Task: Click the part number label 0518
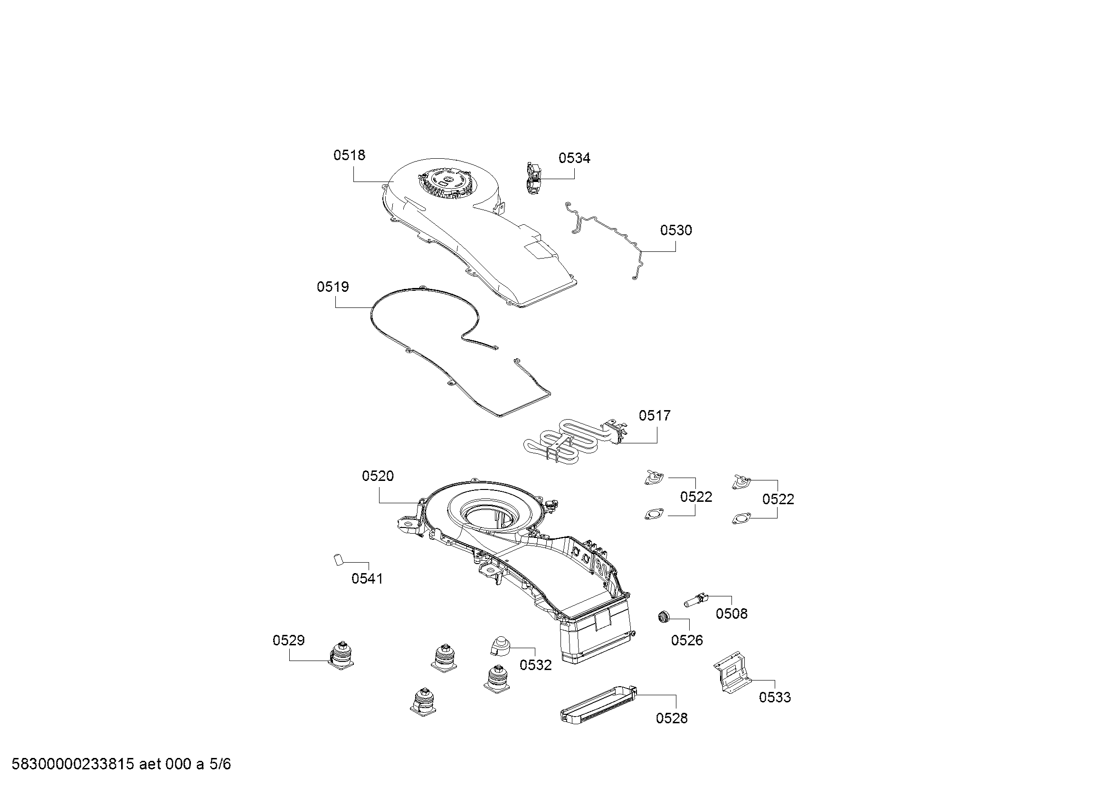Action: [349, 155]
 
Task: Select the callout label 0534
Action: [574, 158]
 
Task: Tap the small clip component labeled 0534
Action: [533, 179]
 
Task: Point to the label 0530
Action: [676, 230]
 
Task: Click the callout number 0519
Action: [333, 287]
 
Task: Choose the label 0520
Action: [378, 476]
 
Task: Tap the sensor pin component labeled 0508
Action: [696, 600]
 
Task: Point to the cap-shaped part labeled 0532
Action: [499, 646]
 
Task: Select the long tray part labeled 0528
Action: [598, 706]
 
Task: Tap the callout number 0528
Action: [672, 719]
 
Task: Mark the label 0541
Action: [367, 578]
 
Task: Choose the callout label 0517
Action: [655, 416]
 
